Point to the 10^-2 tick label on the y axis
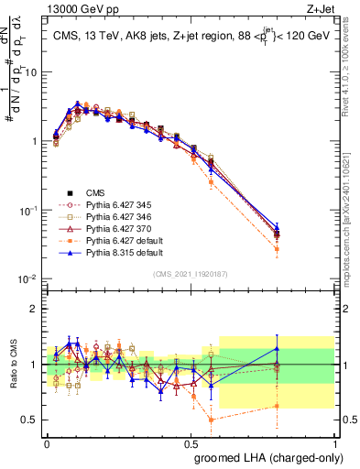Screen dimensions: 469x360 click(30, 278)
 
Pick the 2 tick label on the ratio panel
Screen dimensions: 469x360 click(37, 309)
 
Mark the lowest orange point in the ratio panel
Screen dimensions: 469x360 click(212, 420)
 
